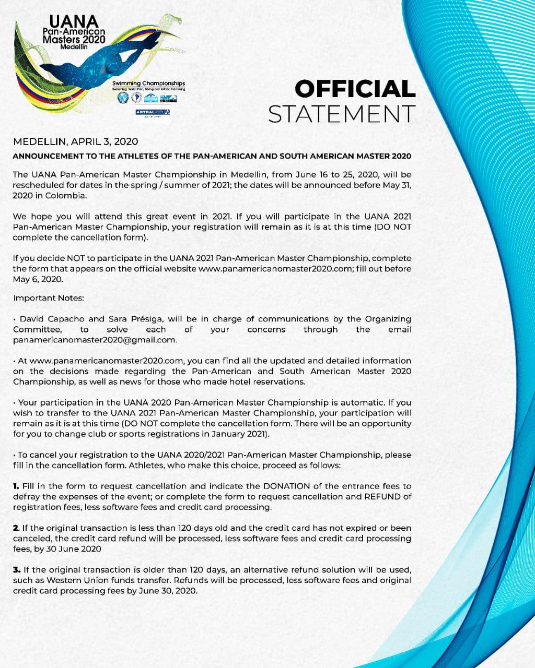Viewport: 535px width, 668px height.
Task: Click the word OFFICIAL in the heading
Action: pos(355,89)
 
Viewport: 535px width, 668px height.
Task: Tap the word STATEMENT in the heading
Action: pos(342,114)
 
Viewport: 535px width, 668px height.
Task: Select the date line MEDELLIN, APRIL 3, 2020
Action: pos(75,141)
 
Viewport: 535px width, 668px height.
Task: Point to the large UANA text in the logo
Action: pos(74,21)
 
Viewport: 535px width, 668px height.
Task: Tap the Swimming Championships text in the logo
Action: pos(148,83)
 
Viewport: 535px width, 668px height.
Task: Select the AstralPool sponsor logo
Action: pos(153,112)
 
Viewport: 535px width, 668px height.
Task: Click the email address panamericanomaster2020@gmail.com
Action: pos(95,340)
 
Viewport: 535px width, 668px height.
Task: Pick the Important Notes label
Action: pos(49,298)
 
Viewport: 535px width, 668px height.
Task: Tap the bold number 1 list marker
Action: pos(16,486)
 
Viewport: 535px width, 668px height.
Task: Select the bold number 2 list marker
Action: pos(16,528)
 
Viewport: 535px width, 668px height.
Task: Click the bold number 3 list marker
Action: pos(16,569)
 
